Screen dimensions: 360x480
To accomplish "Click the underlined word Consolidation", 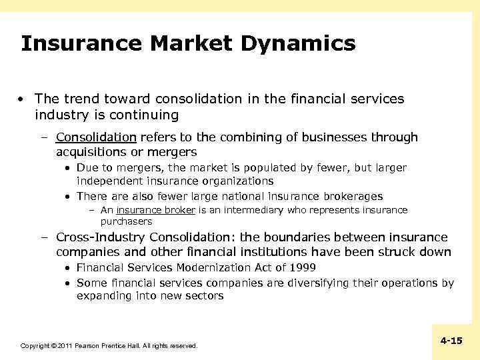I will click(x=96, y=137).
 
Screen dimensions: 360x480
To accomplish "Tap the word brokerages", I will click(x=351, y=196).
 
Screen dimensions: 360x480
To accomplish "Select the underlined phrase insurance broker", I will click(x=156, y=210).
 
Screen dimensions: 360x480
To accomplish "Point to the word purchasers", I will click(x=126, y=221).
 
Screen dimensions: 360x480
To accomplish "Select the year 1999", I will click(x=303, y=268).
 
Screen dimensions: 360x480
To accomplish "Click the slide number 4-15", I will click(x=451, y=341).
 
